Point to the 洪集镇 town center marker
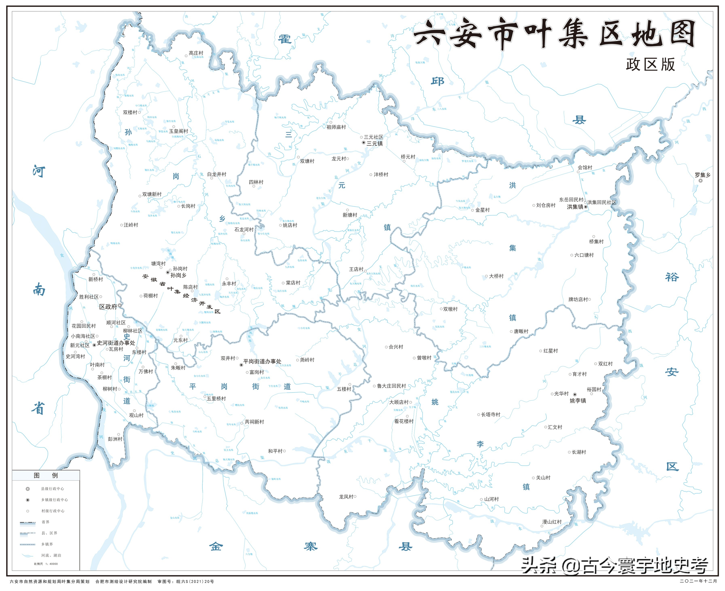tap(586, 207)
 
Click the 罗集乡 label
tap(703, 175)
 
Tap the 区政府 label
tap(108, 307)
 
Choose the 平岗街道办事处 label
tap(262, 362)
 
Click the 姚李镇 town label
tap(578, 401)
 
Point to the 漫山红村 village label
tap(552, 522)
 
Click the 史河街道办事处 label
tap(116, 343)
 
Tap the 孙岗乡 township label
tap(178, 275)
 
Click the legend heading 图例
tap(46, 476)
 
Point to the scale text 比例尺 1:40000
tap(46, 564)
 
